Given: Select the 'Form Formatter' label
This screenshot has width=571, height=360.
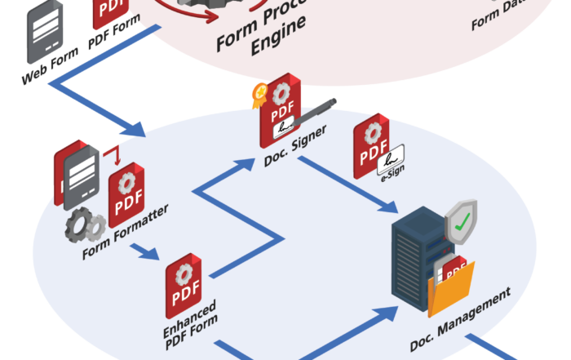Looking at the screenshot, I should [x=126, y=233].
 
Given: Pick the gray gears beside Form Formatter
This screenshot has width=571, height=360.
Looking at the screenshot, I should [x=83, y=224].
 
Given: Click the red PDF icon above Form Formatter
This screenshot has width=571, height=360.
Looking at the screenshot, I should [x=126, y=193].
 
